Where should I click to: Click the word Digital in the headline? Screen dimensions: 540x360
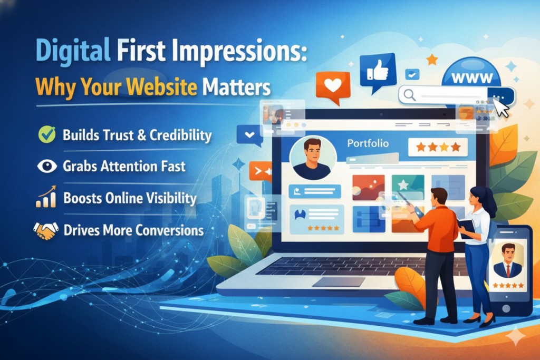(x=73, y=51)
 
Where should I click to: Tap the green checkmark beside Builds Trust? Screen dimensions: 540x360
(x=47, y=134)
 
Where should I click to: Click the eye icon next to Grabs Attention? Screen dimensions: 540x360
(x=47, y=166)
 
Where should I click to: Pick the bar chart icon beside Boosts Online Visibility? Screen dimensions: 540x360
(x=46, y=197)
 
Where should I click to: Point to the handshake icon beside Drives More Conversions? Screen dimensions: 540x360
(x=45, y=230)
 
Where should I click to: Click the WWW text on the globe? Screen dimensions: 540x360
(x=472, y=79)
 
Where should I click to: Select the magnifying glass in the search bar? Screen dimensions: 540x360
(x=409, y=94)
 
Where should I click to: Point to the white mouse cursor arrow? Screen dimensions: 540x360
(x=501, y=108)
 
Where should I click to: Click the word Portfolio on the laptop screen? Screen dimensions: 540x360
(x=368, y=143)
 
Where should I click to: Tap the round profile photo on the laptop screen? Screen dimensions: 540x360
(x=313, y=158)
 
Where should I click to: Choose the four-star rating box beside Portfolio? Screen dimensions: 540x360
(x=438, y=147)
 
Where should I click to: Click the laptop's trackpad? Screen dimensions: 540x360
(x=339, y=282)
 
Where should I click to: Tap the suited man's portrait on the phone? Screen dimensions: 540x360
(x=508, y=260)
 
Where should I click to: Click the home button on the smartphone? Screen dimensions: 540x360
(x=506, y=308)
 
